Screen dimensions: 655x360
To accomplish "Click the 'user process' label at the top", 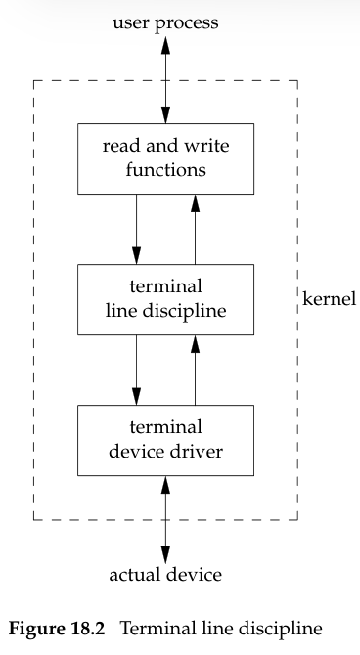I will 165,21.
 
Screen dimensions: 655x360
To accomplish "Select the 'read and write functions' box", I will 165,158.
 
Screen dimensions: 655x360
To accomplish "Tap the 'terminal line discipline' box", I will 165,298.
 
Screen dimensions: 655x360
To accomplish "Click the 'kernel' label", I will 330,298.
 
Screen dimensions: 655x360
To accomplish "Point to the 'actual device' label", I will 165,575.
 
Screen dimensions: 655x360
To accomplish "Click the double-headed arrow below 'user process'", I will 165,78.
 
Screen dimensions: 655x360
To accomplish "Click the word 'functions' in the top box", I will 165,169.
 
